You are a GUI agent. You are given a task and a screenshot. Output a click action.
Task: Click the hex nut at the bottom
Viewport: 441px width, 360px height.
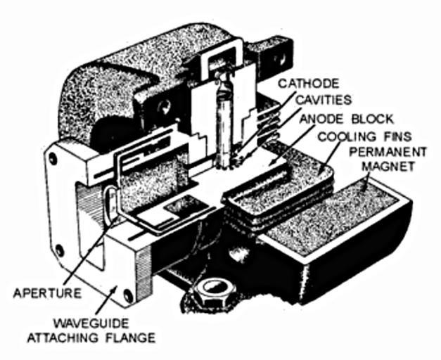pos(214,290)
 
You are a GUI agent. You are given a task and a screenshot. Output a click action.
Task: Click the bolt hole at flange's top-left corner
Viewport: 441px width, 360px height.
pos(52,160)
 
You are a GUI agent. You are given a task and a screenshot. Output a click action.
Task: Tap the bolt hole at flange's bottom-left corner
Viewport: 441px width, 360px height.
pos(59,250)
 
